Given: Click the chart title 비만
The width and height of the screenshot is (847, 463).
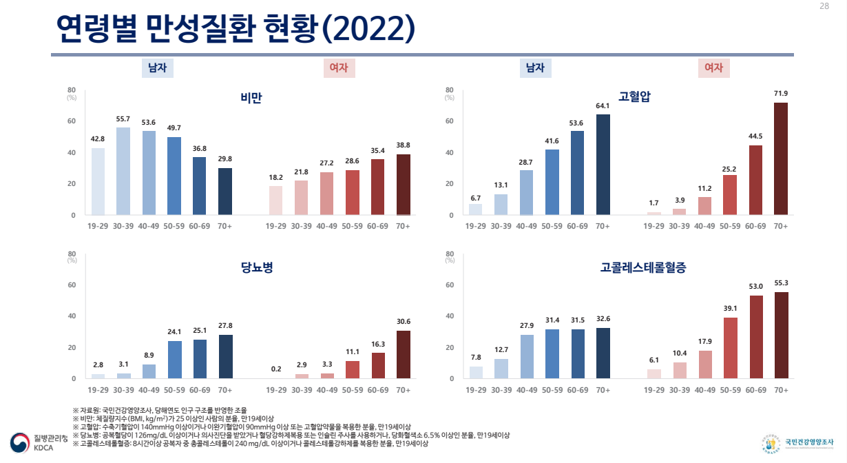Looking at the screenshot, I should pos(251,98).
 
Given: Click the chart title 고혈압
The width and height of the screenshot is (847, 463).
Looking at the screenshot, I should pos(635,98).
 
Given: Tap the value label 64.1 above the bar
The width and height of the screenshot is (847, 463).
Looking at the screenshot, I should pos(603,105).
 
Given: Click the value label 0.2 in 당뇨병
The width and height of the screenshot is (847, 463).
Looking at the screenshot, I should pos(276,369).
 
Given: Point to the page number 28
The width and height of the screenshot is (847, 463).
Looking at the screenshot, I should pos(824,6).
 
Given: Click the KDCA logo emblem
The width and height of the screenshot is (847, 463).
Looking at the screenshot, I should pos(19,442).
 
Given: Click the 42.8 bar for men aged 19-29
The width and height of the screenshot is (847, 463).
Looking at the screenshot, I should pos(98,181).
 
